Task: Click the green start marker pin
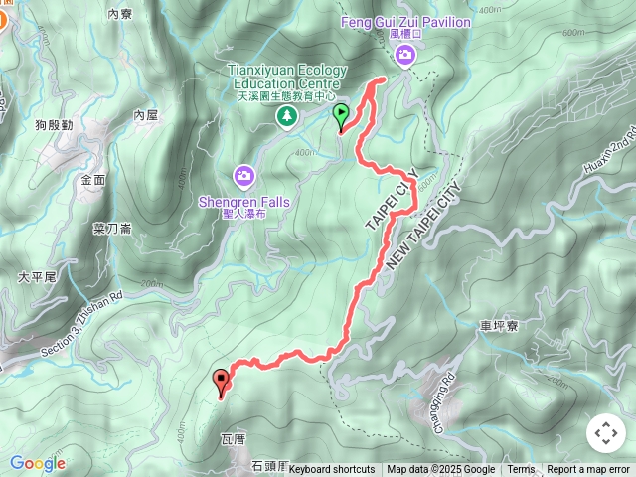coord(341,116)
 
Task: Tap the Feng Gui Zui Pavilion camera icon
coord(404,57)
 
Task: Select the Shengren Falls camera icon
coord(243,176)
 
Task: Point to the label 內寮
coord(119,14)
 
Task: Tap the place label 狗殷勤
coord(54,125)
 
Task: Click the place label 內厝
coord(146,116)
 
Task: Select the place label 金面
coord(93,181)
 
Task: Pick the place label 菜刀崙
coord(112,229)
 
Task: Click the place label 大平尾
coord(37,277)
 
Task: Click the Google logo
coord(38,463)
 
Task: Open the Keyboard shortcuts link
coord(332,470)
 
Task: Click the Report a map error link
coord(587,470)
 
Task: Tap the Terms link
coord(521,470)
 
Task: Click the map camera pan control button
coord(605,433)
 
